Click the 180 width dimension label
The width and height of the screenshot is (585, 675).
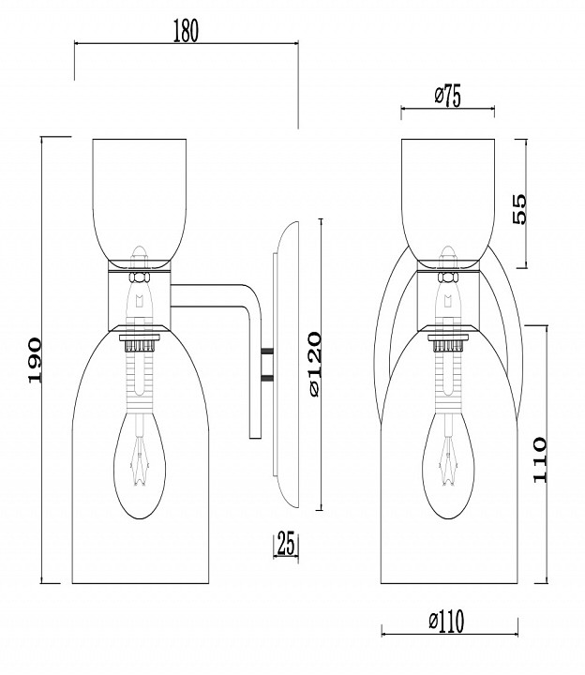tap(186, 31)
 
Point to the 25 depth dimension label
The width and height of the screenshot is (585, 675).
tap(286, 542)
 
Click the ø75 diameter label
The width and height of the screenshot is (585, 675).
tap(446, 97)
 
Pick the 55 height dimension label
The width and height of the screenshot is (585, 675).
tap(519, 208)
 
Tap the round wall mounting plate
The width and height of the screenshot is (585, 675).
tap(286, 366)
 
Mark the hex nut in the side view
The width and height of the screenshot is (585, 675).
tap(140, 277)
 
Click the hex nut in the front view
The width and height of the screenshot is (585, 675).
tap(448, 277)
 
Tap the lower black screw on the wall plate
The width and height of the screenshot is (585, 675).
tap(268, 379)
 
